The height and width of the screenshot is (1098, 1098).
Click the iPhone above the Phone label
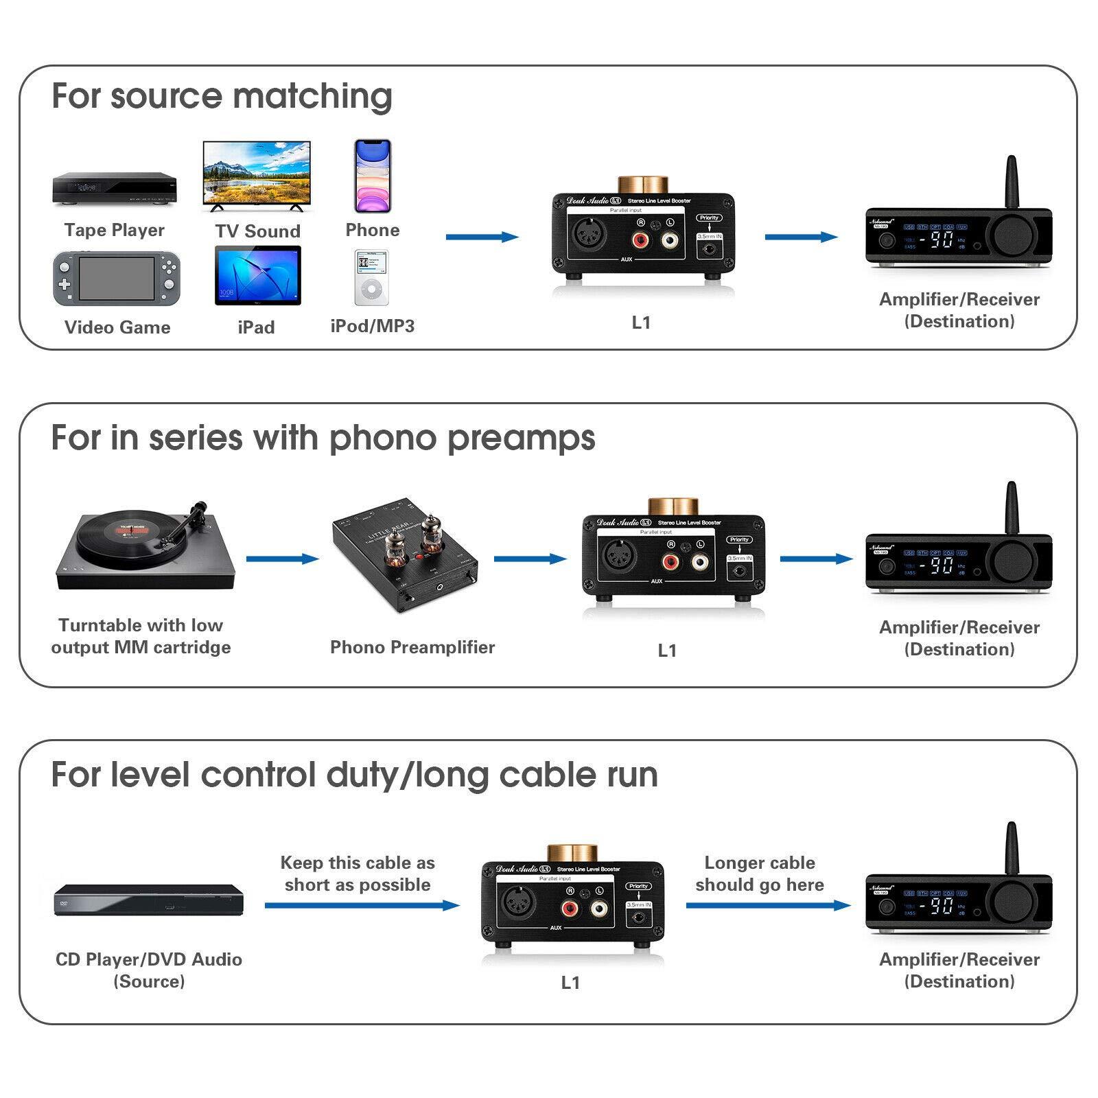(373, 176)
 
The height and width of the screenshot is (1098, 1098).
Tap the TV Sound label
(257, 231)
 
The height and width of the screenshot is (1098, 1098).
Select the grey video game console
(117, 279)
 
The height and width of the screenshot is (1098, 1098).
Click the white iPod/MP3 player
(371, 277)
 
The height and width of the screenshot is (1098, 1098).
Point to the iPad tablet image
(257, 276)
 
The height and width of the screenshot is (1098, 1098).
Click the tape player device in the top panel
(115, 188)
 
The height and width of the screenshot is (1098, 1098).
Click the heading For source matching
(222, 95)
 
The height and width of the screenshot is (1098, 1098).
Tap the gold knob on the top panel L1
(643, 184)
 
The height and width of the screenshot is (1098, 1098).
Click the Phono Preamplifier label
(412, 647)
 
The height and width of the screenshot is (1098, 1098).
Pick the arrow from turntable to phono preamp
(282, 559)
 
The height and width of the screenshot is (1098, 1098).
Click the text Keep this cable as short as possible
(358, 874)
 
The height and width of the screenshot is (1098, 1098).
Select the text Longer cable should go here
(760, 874)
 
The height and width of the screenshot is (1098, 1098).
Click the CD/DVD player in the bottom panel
(149, 900)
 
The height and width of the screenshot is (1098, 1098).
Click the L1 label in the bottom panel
(570, 983)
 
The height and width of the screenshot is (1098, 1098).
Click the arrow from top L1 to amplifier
(800, 237)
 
